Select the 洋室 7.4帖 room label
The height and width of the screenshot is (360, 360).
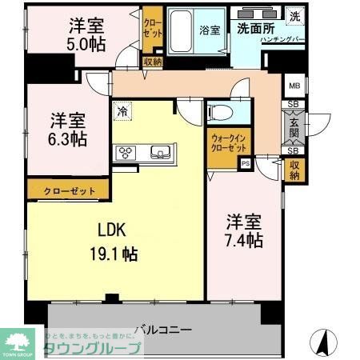coord(245,230)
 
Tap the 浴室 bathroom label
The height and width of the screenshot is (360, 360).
coord(210,30)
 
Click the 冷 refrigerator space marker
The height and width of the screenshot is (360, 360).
coord(122,113)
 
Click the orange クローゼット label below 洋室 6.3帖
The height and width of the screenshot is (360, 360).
coord(68,191)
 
